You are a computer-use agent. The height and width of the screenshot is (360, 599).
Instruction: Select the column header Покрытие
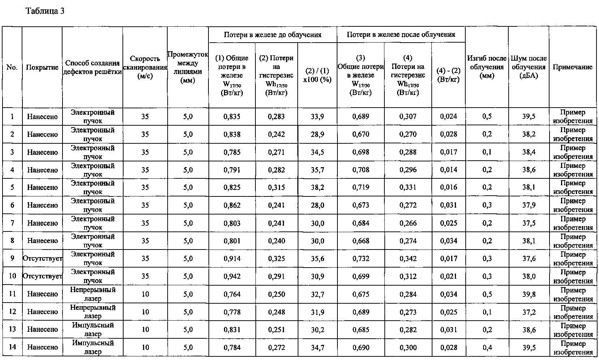42,68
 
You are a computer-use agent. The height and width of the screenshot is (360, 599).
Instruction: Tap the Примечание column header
572,67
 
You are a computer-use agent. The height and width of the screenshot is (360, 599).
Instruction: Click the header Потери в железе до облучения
272,35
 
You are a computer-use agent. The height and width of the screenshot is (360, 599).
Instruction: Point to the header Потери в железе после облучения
401,35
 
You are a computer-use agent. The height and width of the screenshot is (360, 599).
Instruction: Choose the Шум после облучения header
528,67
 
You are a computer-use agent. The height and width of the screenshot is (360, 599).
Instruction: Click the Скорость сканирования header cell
145,68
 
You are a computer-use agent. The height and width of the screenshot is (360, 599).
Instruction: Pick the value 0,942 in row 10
232,276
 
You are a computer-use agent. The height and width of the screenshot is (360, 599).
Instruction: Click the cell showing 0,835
232,116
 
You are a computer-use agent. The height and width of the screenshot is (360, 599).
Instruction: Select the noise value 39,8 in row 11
529,294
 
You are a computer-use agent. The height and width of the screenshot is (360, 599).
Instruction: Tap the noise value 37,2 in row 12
529,312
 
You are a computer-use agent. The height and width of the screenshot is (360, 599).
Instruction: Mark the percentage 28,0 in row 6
317,205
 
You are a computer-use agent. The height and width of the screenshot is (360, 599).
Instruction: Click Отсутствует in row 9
42,259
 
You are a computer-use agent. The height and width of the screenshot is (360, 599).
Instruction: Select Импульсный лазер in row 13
92,329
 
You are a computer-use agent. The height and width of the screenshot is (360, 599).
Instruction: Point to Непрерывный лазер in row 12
92,312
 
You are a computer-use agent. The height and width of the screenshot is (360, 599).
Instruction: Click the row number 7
12,223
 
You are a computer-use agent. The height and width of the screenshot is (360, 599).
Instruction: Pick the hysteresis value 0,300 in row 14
408,347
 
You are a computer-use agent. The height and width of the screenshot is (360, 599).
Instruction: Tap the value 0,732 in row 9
361,259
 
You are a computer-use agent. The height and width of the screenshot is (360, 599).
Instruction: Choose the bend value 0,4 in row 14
487,347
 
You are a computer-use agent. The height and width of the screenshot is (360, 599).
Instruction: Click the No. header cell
12,68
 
